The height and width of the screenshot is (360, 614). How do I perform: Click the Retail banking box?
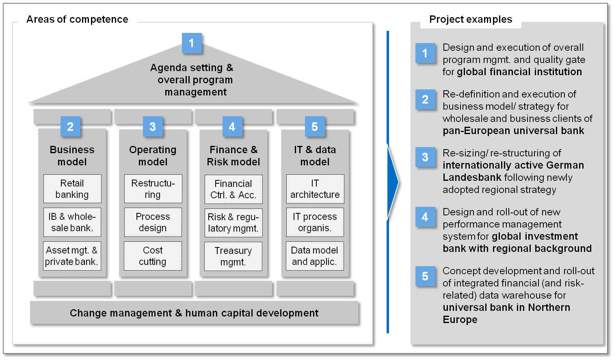(x=72, y=189)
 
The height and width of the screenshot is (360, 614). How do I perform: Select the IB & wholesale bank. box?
(x=72, y=222)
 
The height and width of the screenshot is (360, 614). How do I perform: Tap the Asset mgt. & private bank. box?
(x=72, y=256)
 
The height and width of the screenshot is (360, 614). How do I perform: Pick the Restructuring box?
(x=153, y=189)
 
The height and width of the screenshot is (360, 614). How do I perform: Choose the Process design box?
(x=153, y=222)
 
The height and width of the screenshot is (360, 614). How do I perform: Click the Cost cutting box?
(x=153, y=256)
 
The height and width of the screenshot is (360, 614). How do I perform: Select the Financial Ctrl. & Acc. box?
(x=233, y=189)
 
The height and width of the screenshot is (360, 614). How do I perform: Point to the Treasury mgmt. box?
(x=233, y=256)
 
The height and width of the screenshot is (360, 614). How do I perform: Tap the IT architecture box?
(x=315, y=189)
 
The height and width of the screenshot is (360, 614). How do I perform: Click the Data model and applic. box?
(x=315, y=256)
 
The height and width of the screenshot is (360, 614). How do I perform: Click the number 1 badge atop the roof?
(x=192, y=43)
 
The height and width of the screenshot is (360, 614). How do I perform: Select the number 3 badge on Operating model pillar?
(x=153, y=126)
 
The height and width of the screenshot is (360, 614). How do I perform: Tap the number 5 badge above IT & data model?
(x=315, y=126)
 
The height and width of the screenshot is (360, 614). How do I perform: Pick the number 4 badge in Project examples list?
(x=425, y=217)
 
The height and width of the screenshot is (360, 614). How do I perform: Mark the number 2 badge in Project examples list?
(x=425, y=100)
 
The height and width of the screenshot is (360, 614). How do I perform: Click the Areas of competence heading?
(x=77, y=19)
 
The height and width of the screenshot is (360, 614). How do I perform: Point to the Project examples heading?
(x=471, y=19)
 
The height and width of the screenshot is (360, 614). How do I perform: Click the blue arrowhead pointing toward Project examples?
(x=393, y=182)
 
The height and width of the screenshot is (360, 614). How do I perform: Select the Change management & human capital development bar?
(x=194, y=312)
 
